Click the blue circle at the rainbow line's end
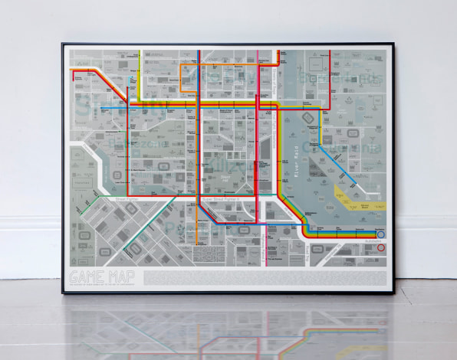click(x=381, y=235)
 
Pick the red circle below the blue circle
click(x=381, y=248)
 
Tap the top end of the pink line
click(x=258, y=54)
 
